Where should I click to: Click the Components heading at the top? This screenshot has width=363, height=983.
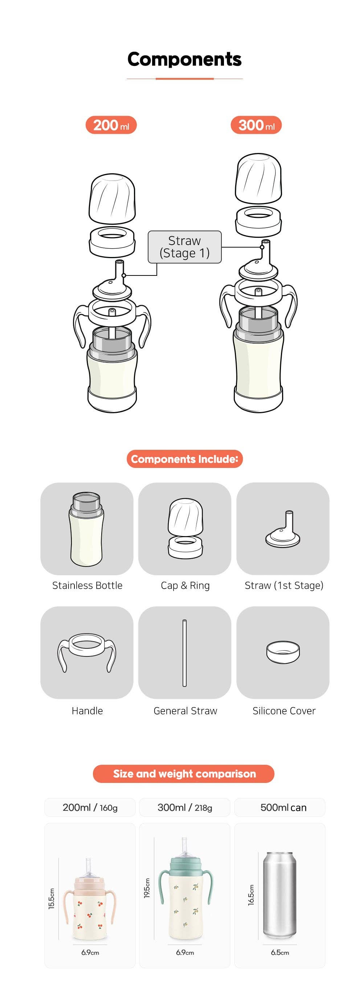click(184, 59)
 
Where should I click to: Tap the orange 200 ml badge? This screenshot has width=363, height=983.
click(111, 125)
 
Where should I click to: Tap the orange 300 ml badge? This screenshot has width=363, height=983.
click(256, 125)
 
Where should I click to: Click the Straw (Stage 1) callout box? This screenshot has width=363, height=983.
click(184, 247)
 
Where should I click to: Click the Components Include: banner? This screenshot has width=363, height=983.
click(184, 459)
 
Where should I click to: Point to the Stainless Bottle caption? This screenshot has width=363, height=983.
click(87, 585)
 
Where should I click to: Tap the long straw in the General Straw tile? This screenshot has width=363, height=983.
click(184, 652)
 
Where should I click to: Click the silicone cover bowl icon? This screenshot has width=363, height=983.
click(283, 652)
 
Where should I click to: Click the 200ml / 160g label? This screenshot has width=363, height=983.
click(90, 808)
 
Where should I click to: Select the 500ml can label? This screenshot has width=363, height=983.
click(283, 808)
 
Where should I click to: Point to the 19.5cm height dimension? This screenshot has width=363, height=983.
click(147, 888)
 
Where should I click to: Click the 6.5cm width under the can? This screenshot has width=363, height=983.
click(280, 953)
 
